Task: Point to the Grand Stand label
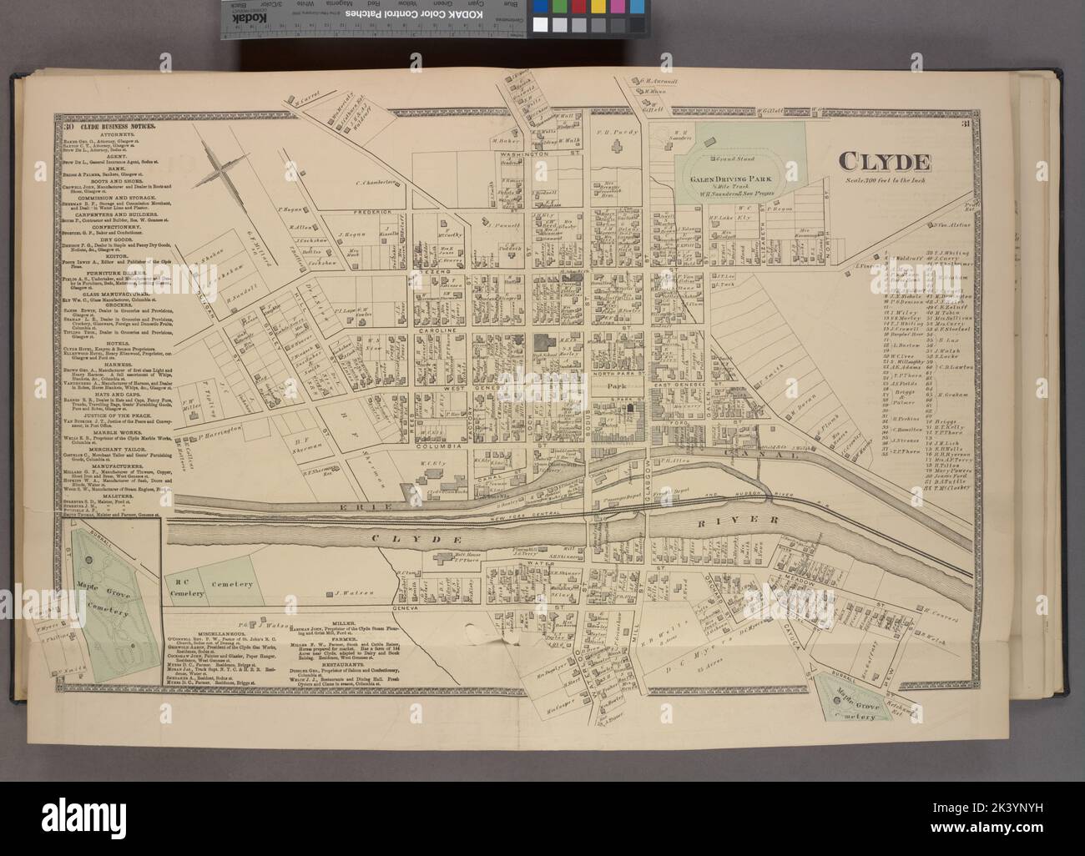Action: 726,156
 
